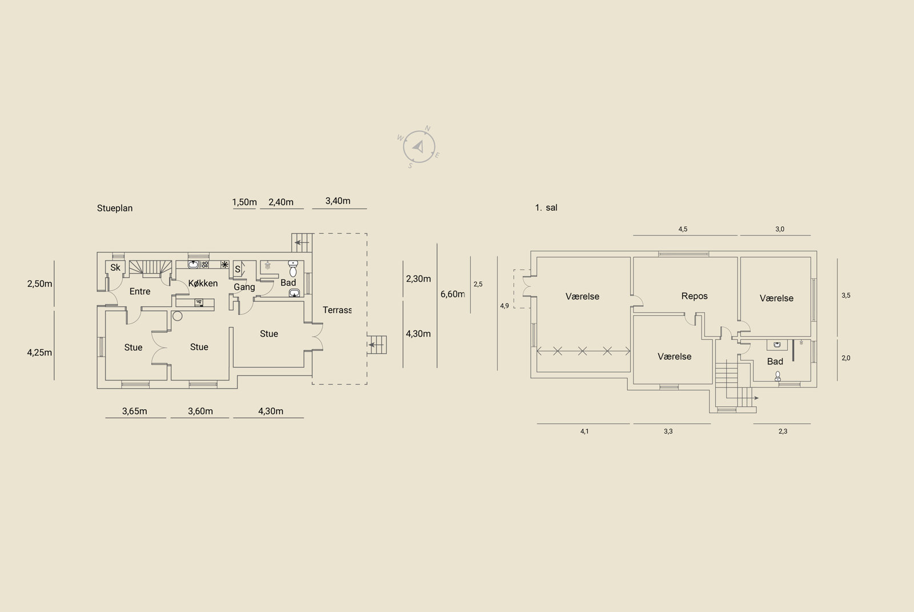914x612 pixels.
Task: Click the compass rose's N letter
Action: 428,129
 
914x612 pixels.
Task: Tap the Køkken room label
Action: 203,283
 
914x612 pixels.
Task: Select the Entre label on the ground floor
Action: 140,291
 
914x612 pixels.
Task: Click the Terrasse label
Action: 337,310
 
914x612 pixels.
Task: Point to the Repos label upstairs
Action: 695,297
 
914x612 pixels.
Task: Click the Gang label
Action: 244,287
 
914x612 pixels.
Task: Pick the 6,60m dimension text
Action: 452,294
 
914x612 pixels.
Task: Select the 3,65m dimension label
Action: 135,411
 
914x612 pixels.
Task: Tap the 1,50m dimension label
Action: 244,202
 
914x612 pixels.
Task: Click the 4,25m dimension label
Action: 39,353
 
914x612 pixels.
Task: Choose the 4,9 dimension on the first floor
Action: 504,306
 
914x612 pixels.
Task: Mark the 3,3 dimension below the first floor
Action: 668,431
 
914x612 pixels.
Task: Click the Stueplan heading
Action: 115,208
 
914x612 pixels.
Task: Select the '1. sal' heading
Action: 546,208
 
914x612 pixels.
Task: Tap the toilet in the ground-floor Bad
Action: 293,269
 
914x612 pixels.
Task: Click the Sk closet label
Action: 115,267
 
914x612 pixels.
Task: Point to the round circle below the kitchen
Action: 177,315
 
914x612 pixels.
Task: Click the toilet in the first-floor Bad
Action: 777,376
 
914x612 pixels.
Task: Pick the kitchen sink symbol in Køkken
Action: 193,265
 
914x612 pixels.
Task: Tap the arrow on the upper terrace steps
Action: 302,242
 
